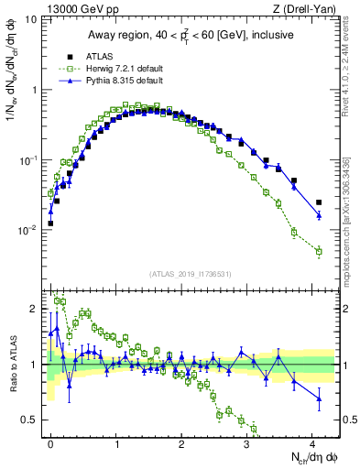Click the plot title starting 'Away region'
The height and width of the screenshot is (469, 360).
click(192, 35)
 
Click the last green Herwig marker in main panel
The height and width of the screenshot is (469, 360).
click(319, 251)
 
